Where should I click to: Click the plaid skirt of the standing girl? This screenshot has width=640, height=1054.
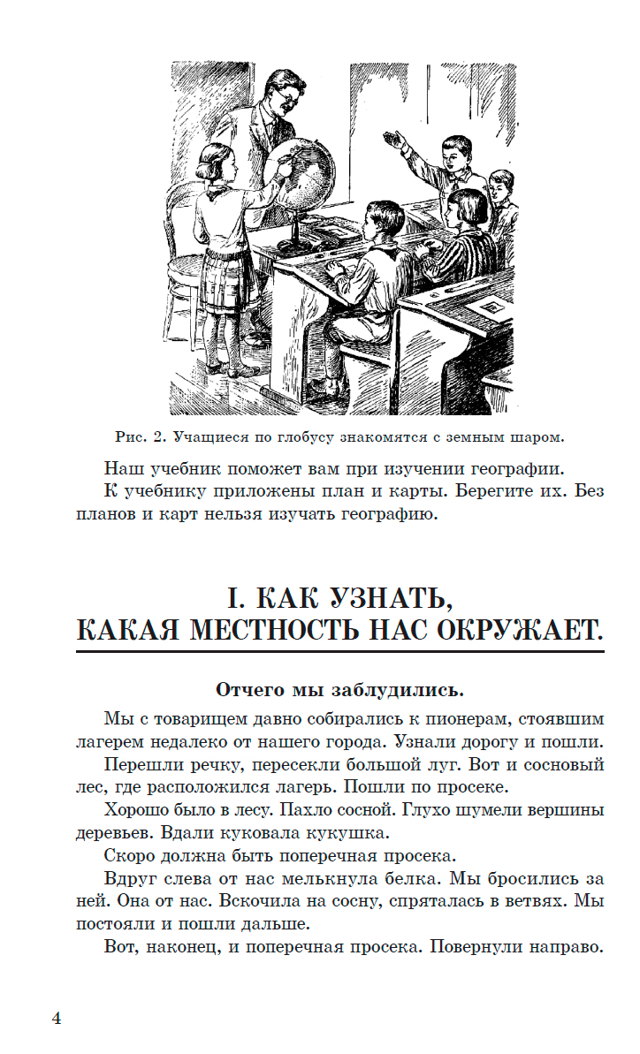228,281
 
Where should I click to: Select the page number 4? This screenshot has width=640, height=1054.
56,1019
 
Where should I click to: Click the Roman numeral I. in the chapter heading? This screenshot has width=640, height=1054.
234,600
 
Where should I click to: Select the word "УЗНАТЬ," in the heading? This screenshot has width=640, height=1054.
380,600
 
